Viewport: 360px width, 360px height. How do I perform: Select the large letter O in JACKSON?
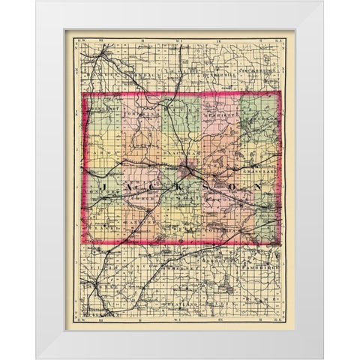233,184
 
